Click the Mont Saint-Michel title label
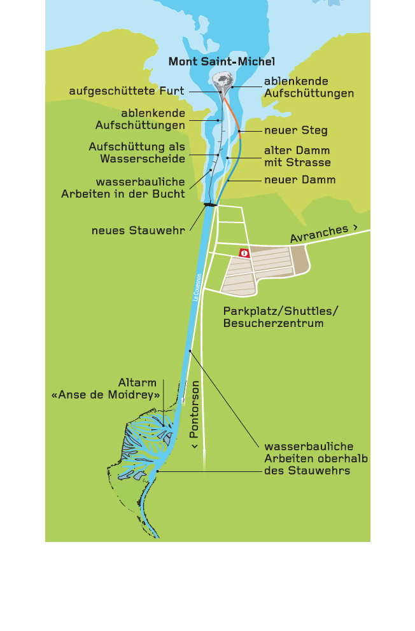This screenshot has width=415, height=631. tap(221, 62)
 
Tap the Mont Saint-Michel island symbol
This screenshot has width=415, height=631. tap(223, 81)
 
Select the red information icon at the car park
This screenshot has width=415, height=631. tap(244, 253)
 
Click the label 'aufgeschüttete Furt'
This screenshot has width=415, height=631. tap(127, 92)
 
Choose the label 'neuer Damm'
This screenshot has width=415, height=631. tap(299, 180)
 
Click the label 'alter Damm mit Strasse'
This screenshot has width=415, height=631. tap(297, 156)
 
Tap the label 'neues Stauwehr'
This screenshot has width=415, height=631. tap(138, 230)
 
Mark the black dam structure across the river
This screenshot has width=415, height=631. tap(209, 204)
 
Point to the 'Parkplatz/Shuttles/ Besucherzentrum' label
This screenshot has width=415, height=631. tap(280, 317)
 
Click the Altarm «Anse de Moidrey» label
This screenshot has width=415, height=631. tap(106, 389)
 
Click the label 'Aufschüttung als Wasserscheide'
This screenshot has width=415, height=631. tap(137, 153)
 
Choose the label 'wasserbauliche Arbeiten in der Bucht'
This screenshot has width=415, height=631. tap(123, 188)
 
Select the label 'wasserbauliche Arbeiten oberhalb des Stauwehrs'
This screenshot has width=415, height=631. tap(316, 459)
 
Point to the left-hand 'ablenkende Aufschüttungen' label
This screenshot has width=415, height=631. tap(140, 119)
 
